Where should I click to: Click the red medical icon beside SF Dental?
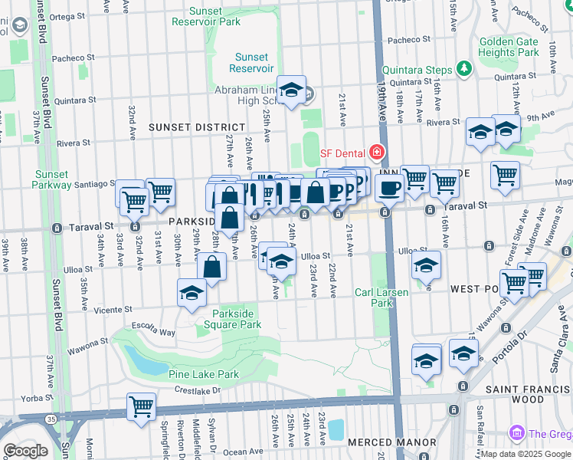point(376,153)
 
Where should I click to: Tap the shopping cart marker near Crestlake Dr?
point(142,406)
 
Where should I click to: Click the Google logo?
point(25,450)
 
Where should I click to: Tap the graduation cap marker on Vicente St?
point(192,294)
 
